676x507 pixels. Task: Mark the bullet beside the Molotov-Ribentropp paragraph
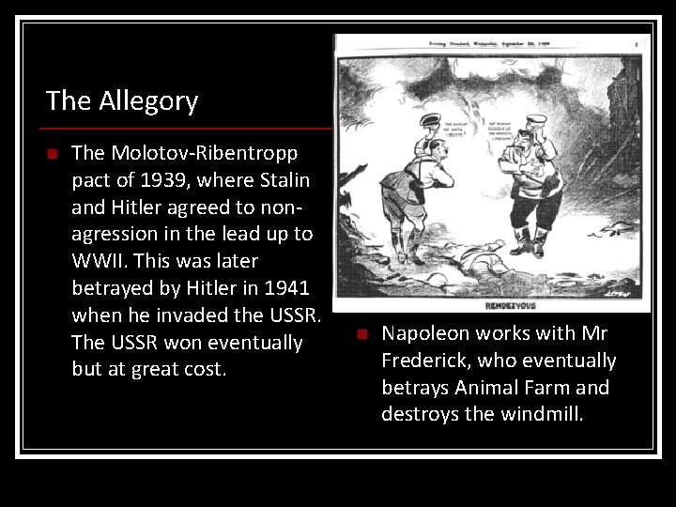point(54,152)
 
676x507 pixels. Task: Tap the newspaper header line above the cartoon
point(488,42)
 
